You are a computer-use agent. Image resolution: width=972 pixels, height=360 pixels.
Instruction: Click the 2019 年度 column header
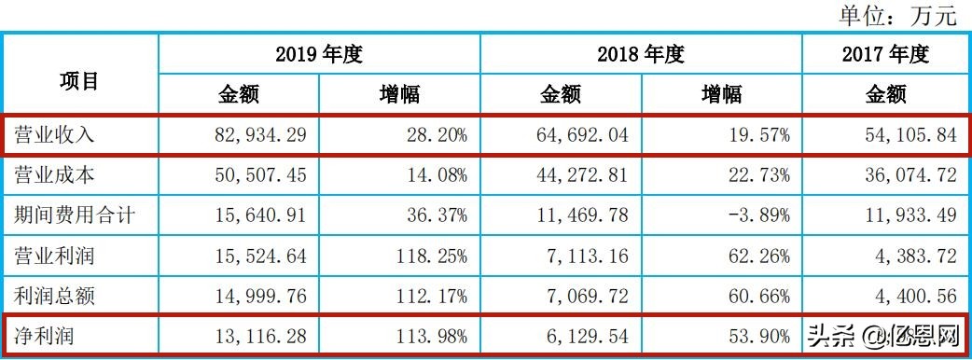(319, 54)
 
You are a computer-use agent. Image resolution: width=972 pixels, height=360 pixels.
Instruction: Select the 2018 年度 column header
(641, 54)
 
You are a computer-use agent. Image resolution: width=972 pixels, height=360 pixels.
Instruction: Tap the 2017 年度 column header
(885, 54)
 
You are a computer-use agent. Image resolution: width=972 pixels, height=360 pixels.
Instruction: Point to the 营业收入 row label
(55, 134)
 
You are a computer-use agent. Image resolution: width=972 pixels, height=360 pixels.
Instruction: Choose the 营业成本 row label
(55, 175)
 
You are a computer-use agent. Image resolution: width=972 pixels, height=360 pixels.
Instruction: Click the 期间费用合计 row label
(76, 216)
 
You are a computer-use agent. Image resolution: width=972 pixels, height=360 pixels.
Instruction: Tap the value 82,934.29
(253, 134)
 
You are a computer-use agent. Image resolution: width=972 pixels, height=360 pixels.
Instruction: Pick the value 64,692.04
(575, 134)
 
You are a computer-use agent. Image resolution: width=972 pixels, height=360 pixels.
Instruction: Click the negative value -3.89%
(757, 216)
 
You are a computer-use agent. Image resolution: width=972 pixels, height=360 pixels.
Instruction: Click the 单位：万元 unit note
(897, 15)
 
